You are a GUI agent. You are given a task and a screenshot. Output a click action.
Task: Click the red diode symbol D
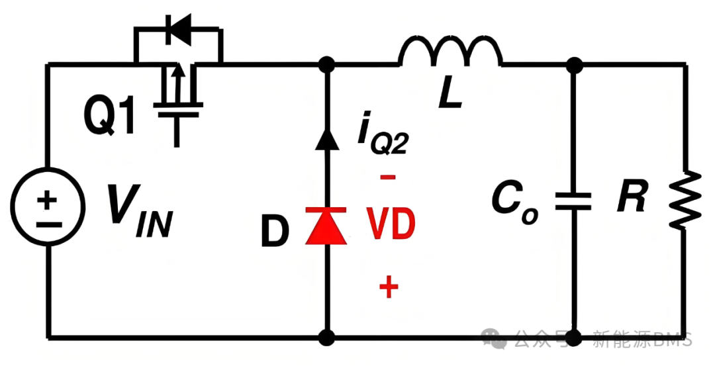pos(326,226)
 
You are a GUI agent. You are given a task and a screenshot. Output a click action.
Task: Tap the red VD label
pos(392,224)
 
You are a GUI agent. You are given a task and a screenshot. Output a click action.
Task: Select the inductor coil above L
pos(451,51)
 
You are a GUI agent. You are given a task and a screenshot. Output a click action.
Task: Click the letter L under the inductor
pos(450,96)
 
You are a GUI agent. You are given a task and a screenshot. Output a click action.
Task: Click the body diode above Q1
pos(178,30)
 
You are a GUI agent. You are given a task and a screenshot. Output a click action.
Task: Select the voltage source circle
pos(48,207)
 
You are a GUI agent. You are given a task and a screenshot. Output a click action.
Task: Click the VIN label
pos(139,211)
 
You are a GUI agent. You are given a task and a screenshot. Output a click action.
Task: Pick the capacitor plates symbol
pos(573,202)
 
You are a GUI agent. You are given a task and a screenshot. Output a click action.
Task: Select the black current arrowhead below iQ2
pos(327,138)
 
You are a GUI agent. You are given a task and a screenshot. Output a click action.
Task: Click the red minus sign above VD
pos(388,177)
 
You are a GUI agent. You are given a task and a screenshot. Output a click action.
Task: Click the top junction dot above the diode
pos(326,65)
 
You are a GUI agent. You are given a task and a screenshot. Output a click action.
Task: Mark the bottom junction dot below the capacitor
pos(573,338)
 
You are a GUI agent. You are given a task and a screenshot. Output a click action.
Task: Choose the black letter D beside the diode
pos(275,232)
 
